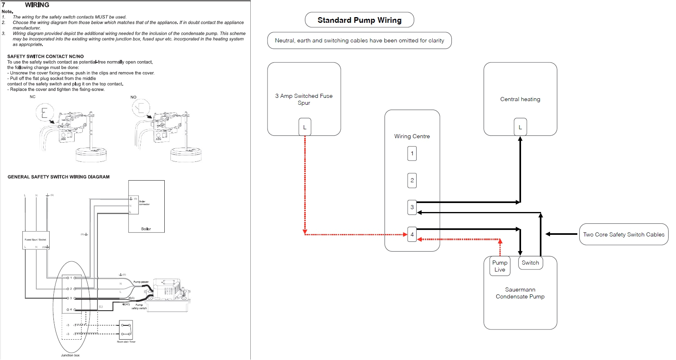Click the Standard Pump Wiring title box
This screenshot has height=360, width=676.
click(359, 20)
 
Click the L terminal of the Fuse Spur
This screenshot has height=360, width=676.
click(305, 127)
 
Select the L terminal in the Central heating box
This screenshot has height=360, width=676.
click(520, 127)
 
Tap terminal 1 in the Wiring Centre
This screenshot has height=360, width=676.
click(412, 153)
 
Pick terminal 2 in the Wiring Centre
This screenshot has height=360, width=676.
click(412, 180)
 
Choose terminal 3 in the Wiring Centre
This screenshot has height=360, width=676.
click(412, 207)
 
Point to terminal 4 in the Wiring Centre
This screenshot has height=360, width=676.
click(412, 234)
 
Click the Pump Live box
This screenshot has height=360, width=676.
click(499, 266)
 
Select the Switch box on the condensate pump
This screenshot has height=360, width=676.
click(530, 263)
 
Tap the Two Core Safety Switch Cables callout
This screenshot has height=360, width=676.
click(623, 234)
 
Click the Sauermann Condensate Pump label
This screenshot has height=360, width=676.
click(520, 293)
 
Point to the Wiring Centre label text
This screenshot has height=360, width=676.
click(412, 136)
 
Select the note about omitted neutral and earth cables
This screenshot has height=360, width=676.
click(359, 40)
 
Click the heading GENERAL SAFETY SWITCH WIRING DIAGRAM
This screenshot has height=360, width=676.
click(59, 177)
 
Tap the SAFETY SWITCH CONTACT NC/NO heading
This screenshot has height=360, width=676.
click(46, 56)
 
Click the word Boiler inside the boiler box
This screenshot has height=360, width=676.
click(146, 229)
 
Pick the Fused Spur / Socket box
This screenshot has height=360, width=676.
click(36, 241)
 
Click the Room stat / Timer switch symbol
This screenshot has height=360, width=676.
click(126, 330)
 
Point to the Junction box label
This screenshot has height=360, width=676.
click(70, 355)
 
